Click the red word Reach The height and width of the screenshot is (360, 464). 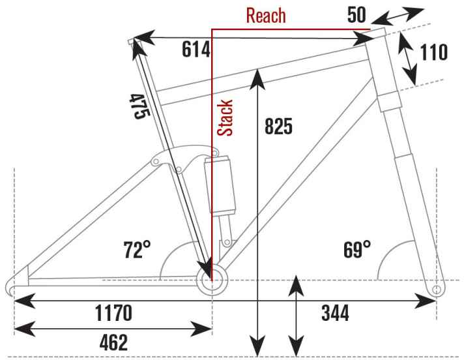[x=265, y=15]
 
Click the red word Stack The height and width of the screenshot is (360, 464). [x=225, y=117]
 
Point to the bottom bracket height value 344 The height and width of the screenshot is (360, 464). [x=335, y=314]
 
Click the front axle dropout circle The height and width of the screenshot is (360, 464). [x=437, y=288]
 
